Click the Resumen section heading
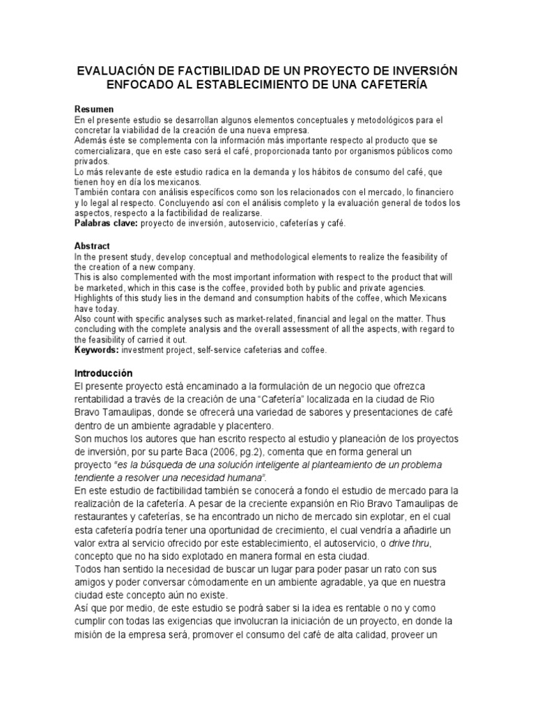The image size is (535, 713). click(x=94, y=111)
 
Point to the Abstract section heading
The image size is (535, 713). click(x=93, y=246)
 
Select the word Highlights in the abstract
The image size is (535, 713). click(x=96, y=298)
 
